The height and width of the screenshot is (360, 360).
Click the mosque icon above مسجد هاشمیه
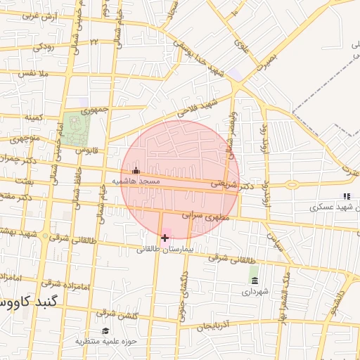coord(136,170)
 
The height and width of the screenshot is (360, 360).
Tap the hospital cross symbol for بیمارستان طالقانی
coord(165,238)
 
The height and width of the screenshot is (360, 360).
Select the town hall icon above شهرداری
coord(254,281)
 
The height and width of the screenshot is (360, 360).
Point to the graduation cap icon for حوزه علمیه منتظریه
coord(105,330)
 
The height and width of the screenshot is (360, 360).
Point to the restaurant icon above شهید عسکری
coord(345,196)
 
